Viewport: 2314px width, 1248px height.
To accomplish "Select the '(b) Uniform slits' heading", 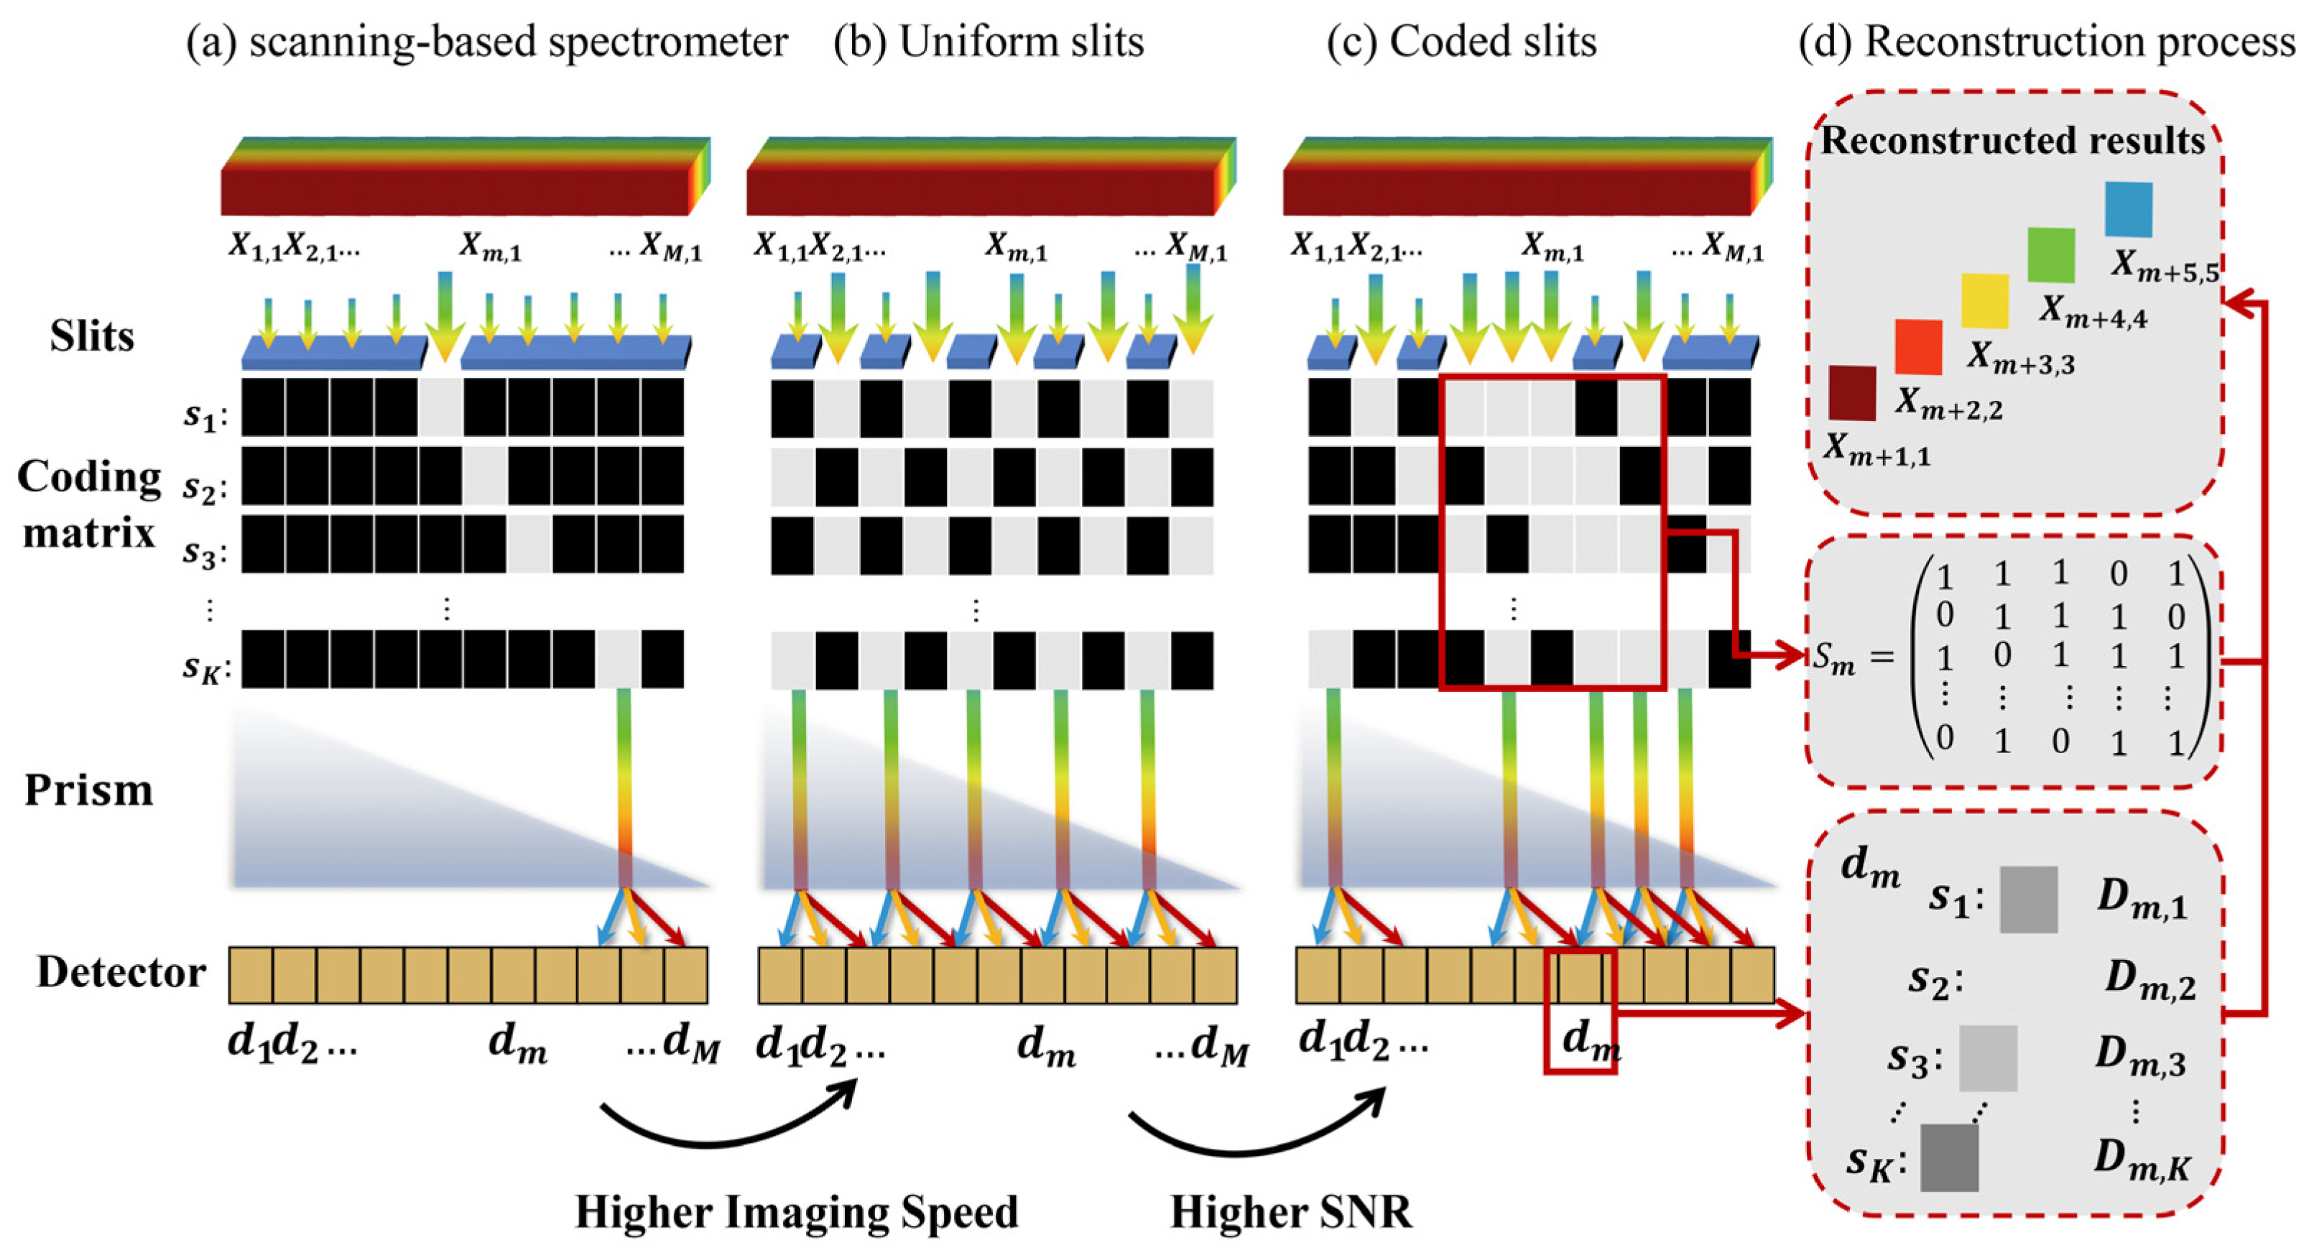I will [988, 42].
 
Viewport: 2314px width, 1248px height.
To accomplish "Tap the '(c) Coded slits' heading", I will [1461, 42].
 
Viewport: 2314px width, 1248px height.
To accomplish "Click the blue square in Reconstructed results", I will [2129, 209].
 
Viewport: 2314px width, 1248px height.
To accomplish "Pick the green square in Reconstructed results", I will [2052, 255].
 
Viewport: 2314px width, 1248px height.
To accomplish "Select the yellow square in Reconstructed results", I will [1985, 301].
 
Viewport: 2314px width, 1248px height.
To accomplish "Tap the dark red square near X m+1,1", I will [1852, 392].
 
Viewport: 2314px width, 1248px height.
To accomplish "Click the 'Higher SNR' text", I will [1291, 1211].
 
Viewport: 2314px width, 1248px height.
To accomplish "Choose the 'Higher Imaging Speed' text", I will [797, 1211].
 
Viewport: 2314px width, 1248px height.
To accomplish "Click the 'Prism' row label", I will [88, 790].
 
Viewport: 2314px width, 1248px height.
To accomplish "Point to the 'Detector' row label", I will [121, 972].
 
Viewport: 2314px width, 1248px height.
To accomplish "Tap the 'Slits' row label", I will [92, 337].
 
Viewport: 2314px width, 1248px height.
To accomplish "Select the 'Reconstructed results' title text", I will [2012, 141].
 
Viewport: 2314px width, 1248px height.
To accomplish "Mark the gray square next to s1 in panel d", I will [2028, 900].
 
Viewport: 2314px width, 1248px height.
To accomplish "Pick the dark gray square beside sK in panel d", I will [1949, 1157].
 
